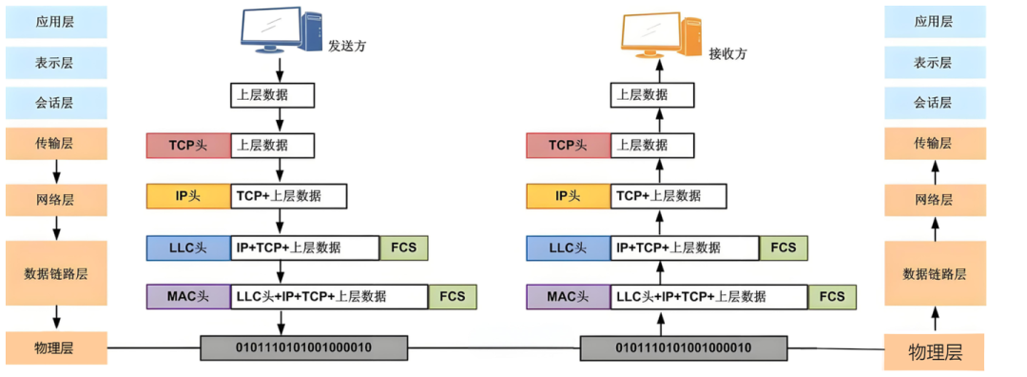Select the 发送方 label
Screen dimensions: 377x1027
pyautogui.click(x=347, y=47)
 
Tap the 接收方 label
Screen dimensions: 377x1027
pyautogui.click(x=727, y=54)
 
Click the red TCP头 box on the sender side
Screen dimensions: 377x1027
pyautogui.click(x=188, y=146)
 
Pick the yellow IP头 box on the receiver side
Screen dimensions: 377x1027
pyautogui.click(x=569, y=196)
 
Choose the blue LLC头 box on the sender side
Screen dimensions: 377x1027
pyautogui.click(x=188, y=248)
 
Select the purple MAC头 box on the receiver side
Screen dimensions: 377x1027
pyautogui.click(x=569, y=296)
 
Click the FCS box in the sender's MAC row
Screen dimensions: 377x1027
pyautogui.click(x=453, y=296)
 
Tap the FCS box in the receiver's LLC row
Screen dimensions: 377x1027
pyautogui.click(x=784, y=248)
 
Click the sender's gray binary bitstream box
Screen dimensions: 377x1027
pyautogui.click(x=303, y=347)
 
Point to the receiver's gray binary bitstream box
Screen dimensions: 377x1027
pyautogui.click(x=684, y=347)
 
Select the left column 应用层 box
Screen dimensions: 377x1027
pyautogui.click(x=56, y=22)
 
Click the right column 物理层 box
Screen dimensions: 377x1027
pyautogui.click(x=934, y=351)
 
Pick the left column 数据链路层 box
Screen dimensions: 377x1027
pyautogui.click(x=56, y=273)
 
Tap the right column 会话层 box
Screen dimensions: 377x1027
pyautogui.click(x=934, y=103)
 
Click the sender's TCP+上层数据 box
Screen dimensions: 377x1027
pyautogui.click(x=289, y=196)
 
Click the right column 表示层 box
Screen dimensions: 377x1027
pyautogui.click(x=934, y=63)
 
